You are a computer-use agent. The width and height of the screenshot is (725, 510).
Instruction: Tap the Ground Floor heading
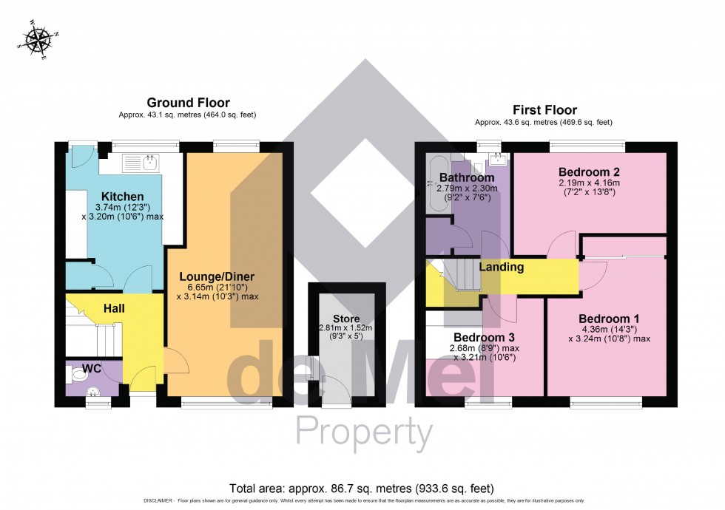[x=188, y=103]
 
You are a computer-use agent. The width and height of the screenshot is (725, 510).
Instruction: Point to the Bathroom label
[x=466, y=177]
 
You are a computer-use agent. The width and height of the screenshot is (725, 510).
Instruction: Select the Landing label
[x=502, y=267]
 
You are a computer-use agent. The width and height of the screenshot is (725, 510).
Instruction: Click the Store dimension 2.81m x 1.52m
[x=345, y=328]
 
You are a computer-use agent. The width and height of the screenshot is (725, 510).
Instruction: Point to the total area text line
[x=362, y=489]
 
